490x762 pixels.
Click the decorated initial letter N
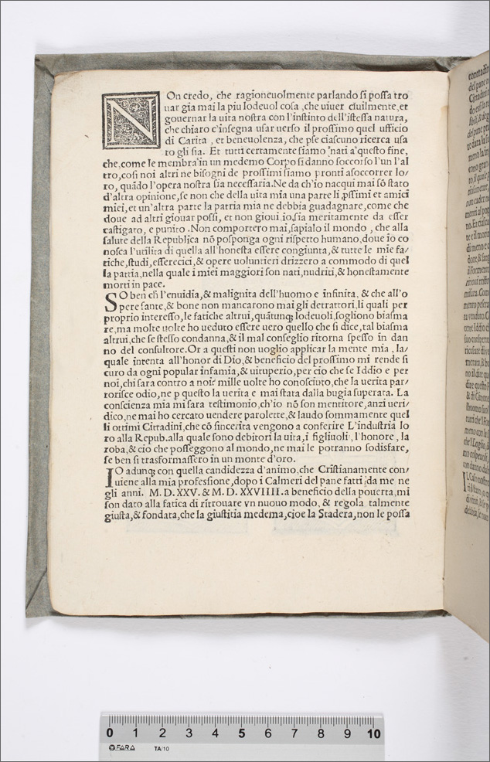(x=131, y=121)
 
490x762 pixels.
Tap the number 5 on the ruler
(x=241, y=732)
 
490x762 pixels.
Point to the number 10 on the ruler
(x=373, y=732)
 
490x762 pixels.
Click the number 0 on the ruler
(x=110, y=732)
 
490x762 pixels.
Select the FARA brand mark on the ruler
(x=122, y=748)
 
